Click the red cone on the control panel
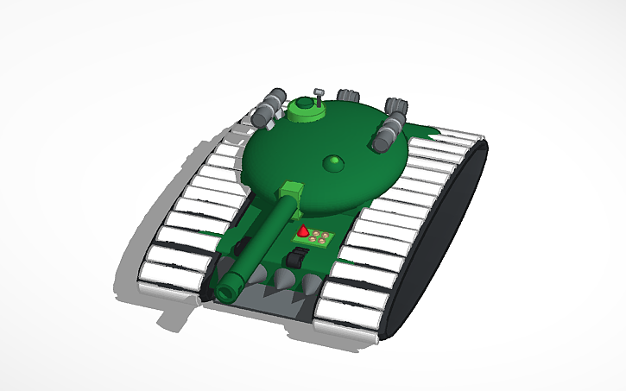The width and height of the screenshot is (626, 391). coord(304,232)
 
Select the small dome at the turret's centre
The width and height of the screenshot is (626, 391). coord(332,163)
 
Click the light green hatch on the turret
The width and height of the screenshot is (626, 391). coord(303,110)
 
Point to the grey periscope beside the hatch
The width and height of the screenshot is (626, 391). coord(318,93)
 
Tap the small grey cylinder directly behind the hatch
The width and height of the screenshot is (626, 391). coord(349,96)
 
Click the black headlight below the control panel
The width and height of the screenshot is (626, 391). coord(297,257)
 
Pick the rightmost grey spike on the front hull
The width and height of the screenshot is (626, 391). coord(308,285)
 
